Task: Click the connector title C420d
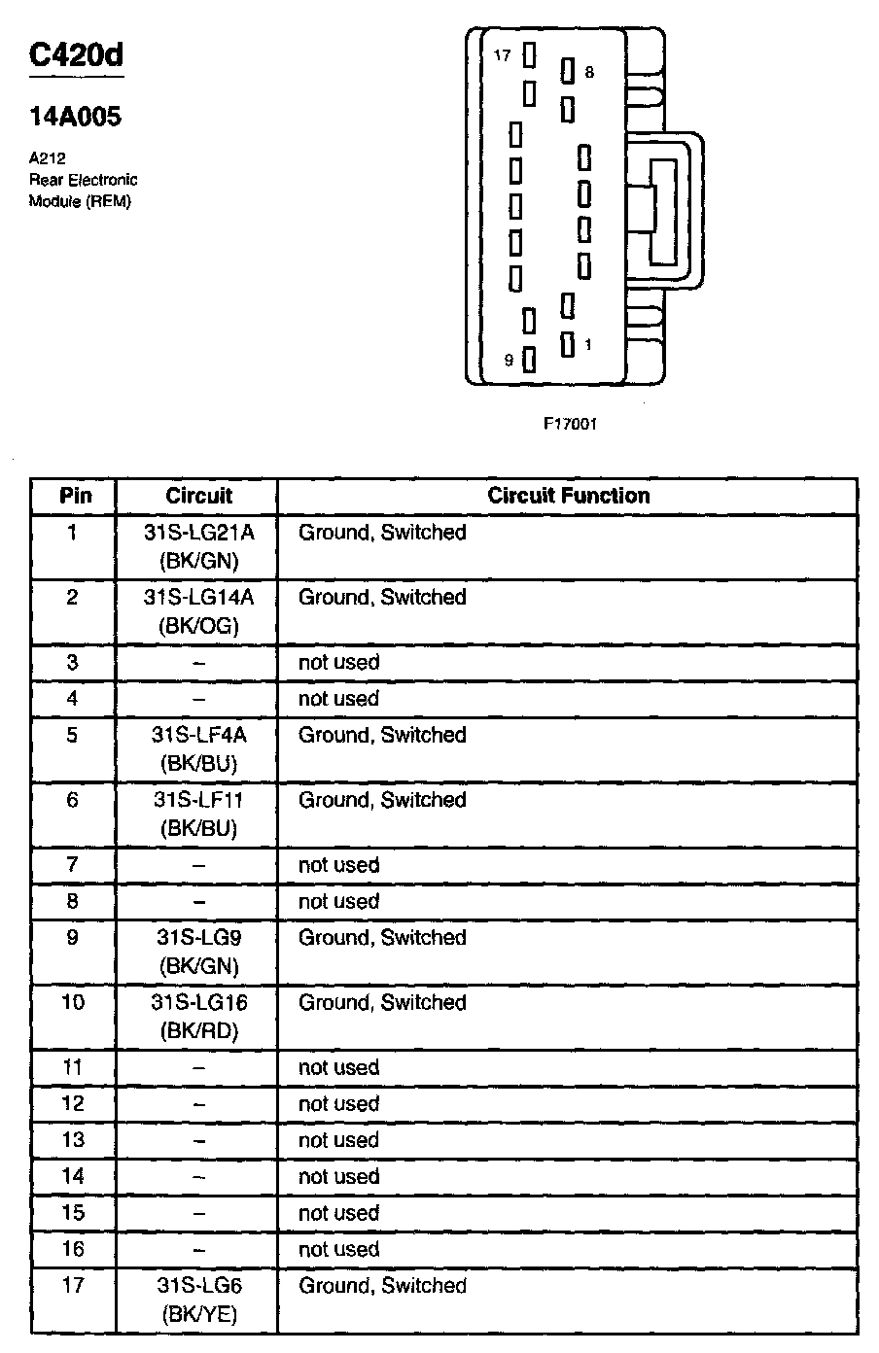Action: pyautogui.click(x=76, y=55)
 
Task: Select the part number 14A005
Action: pyautogui.click(x=75, y=117)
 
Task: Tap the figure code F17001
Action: pyautogui.click(x=570, y=424)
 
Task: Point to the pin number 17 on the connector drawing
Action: pyautogui.click(x=502, y=56)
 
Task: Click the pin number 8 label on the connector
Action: pyautogui.click(x=589, y=72)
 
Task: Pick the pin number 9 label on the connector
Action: pyautogui.click(x=509, y=361)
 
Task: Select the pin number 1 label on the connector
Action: pyautogui.click(x=588, y=344)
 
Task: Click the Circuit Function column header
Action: pyautogui.click(x=568, y=496)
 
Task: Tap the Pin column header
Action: pyautogui.click(x=75, y=496)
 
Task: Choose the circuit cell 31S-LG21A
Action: pyautogui.click(x=198, y=533)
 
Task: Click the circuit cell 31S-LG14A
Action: pyautogui.click(x=198, y=597)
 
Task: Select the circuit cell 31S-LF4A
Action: pyautogui.click(x=198, y=735)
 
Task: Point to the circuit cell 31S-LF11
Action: pyautogui.click(x=198, y=800)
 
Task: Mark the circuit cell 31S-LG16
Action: pyautogui.click(x=198, y=1002)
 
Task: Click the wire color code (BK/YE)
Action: pyautogui.click(x=198, y=1315)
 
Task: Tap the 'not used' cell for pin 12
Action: pyautogui.click(x=338, y=1104)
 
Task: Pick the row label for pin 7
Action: pyautogui.click(x=73, y=865)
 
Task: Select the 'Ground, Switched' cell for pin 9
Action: pyautogui.click(x=382, y=938)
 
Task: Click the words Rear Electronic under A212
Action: pyautogui.click(x=84, y=180)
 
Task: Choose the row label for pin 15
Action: pyautogui.click(x=73, y=1213)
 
